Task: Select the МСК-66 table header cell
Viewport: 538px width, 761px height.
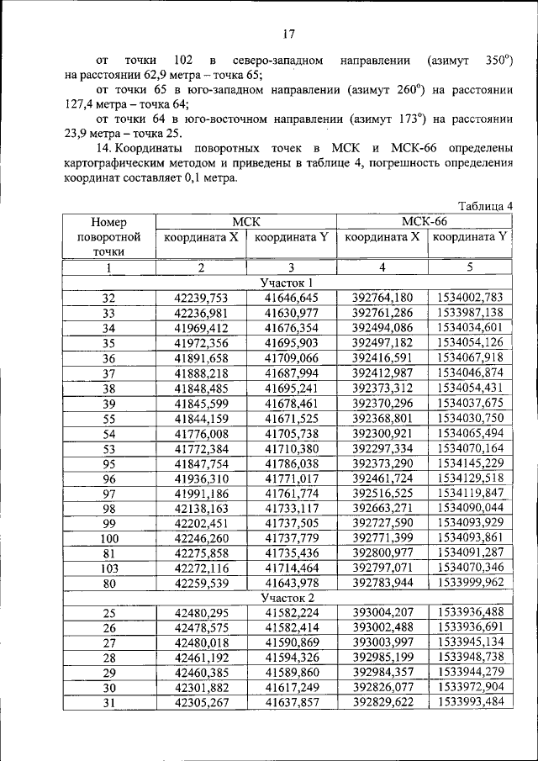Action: coord(425,221)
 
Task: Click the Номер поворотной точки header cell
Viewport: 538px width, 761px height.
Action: coord(108,236)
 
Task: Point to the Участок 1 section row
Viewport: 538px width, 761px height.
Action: coord(287,283)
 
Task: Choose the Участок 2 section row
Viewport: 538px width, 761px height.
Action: coord(287,597)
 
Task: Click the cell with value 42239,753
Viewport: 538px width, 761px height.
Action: coord(201,298)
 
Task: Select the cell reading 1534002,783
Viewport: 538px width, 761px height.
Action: coord(470,298)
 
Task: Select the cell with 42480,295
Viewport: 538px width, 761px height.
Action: coord(201,612)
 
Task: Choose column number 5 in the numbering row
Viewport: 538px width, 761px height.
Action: coord(470,267)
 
